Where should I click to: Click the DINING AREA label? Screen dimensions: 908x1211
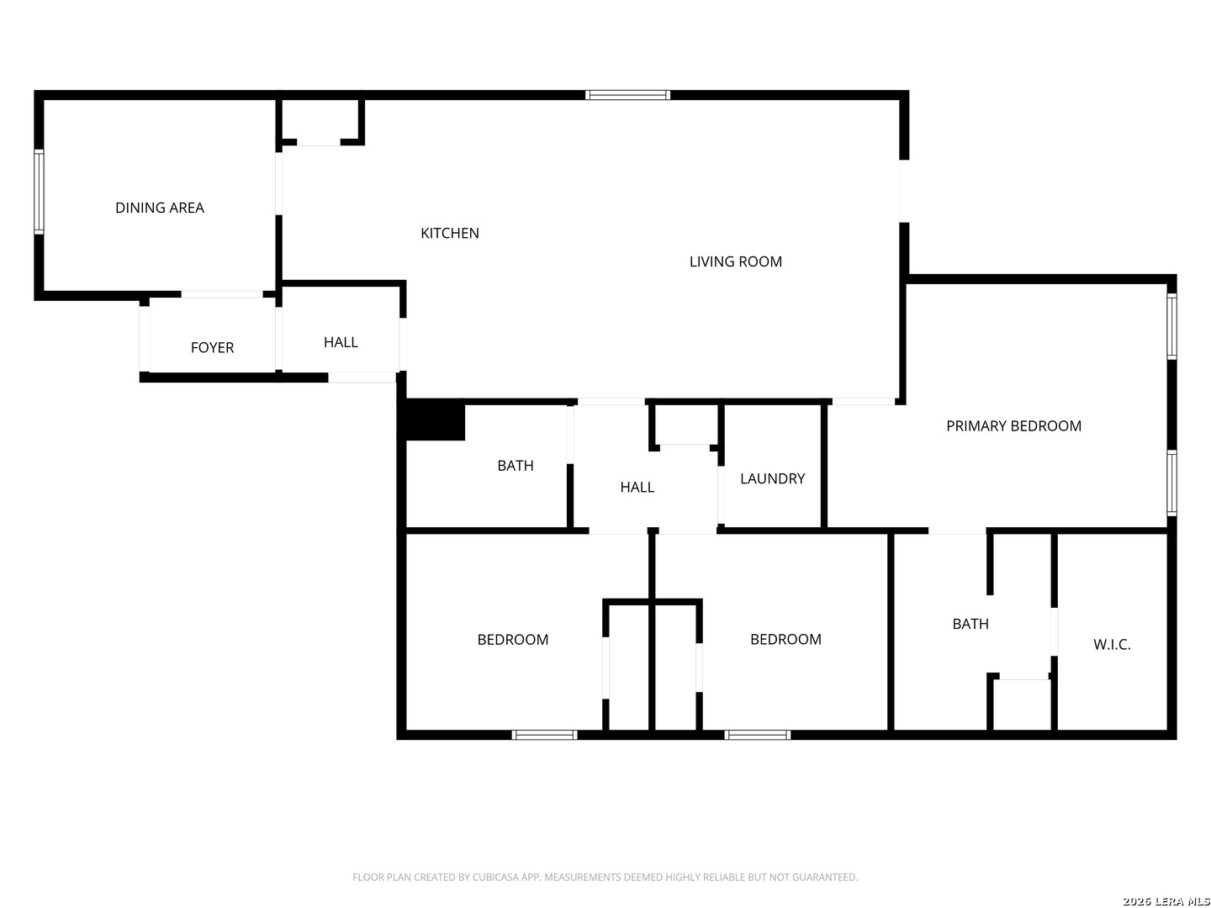click(x=160, y=208)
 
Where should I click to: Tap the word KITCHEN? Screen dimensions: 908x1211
click(x=450, y=233)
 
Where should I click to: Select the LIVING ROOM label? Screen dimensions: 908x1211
click(x=735, y=261)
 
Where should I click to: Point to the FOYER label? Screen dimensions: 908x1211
click(x=212, y=347)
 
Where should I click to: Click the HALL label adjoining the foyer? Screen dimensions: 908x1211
click(x=341, y=342)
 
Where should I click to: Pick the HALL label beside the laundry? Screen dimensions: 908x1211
click(x=637, y=487)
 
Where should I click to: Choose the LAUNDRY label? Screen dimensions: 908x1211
click(x=772, y=478)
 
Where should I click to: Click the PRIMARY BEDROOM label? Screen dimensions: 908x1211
click(x=1013, y=425)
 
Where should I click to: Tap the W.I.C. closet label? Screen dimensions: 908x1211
click(x=1112, y=645)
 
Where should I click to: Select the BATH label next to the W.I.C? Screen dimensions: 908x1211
click(x=970, y=624)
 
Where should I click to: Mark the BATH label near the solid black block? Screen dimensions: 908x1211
click(x=515, y=465)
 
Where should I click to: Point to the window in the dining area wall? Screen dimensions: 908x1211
click(x=39, y=191)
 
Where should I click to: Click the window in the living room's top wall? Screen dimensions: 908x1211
click(x=628, y=95)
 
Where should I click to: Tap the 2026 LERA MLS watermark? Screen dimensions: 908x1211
click(x=1165, y=901)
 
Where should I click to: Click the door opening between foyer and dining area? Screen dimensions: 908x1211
click(x=222, y=294)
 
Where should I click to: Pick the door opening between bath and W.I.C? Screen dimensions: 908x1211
click(x=1054, y=631)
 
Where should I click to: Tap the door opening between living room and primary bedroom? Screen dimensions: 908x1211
click(x=864, y=402)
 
